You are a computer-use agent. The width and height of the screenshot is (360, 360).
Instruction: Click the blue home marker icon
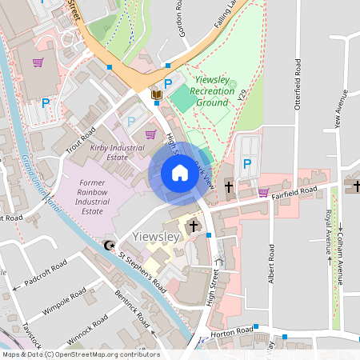(x=179, y=173)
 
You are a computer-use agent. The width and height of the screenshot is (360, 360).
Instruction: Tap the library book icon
(x=157, y=95)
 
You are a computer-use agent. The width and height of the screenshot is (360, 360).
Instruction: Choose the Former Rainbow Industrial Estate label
(x=93, y=197)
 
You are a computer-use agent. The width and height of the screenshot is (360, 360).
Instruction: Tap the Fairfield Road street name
(x=293, y=191)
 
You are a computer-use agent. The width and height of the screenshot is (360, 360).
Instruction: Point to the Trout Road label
(x=80, y=146)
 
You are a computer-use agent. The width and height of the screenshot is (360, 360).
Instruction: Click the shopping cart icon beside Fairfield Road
(x=263, y=192)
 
